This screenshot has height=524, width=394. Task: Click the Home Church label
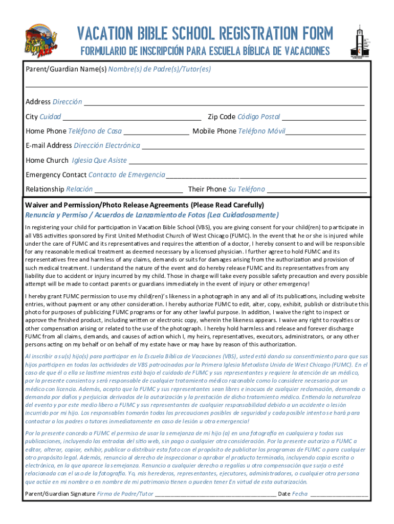(47, 160)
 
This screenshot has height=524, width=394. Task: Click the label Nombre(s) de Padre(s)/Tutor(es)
(160, 69)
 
